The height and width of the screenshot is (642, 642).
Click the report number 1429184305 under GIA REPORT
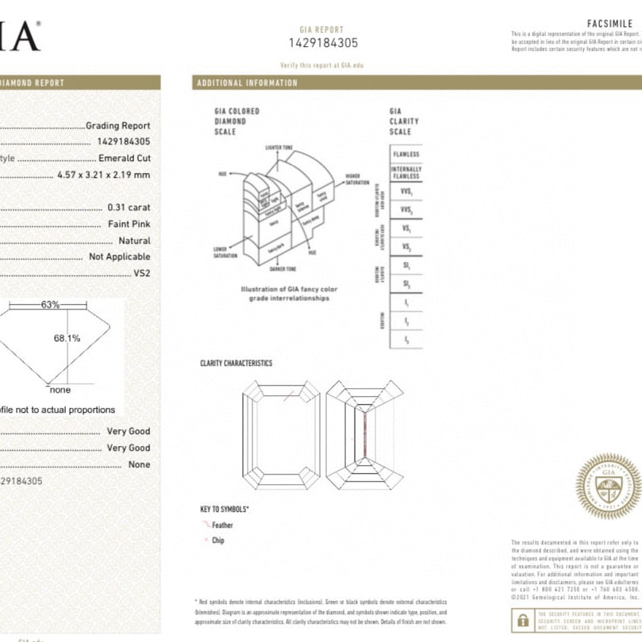[x=323, y=44]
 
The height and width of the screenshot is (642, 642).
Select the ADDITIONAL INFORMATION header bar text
[x=247, y=83]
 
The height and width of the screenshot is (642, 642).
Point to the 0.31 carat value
[x=129, y=208]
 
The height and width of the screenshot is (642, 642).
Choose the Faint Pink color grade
[x=129, y=224]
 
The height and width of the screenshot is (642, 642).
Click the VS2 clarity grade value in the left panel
[x=141, y=273]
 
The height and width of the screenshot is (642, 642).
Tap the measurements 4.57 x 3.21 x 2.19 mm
[x=104, y=174]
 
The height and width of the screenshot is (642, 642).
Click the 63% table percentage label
[x=51, y=305]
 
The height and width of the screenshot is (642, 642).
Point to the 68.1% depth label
[x=67, y=338]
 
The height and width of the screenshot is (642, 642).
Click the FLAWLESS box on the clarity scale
[x=406, y=154]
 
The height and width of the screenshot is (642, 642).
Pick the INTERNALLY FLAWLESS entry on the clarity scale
[x=406, y=173]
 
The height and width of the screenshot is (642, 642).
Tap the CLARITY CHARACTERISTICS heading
[x=236, y=363]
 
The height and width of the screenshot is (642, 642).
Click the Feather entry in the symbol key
[x=222, y=525]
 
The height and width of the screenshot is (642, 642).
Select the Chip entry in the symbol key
[x=217, y=540]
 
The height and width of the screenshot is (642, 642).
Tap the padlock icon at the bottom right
[x=524, y=619]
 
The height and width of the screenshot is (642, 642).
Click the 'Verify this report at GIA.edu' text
[x=323, y=65]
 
